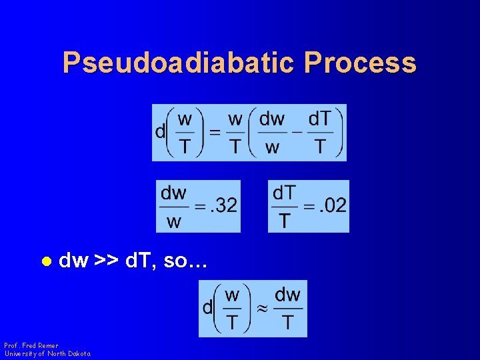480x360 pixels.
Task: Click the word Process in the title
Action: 360,63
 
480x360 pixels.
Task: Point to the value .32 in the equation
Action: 223,205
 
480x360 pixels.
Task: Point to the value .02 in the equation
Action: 333,205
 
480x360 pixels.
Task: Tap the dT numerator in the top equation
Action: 319,119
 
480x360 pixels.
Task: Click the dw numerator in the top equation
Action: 271,119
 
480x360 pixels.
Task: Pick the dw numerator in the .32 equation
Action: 173,193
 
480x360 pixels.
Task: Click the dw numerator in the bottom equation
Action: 287,295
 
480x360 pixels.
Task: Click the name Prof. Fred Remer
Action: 31,345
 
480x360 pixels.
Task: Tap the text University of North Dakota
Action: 47,353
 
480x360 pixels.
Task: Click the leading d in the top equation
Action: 160,132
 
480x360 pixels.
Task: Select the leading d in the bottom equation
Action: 207,308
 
